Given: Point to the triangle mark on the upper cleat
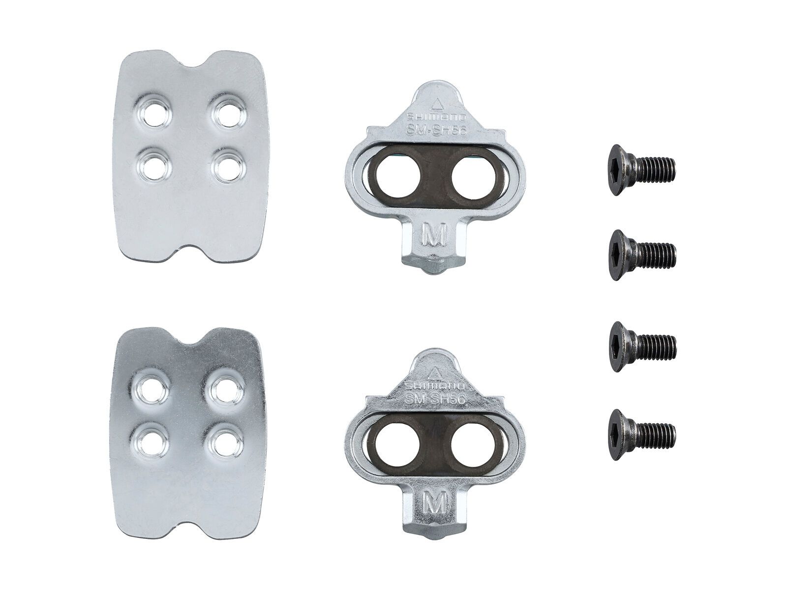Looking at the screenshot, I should pyautogui.click(x=435, y=104).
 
